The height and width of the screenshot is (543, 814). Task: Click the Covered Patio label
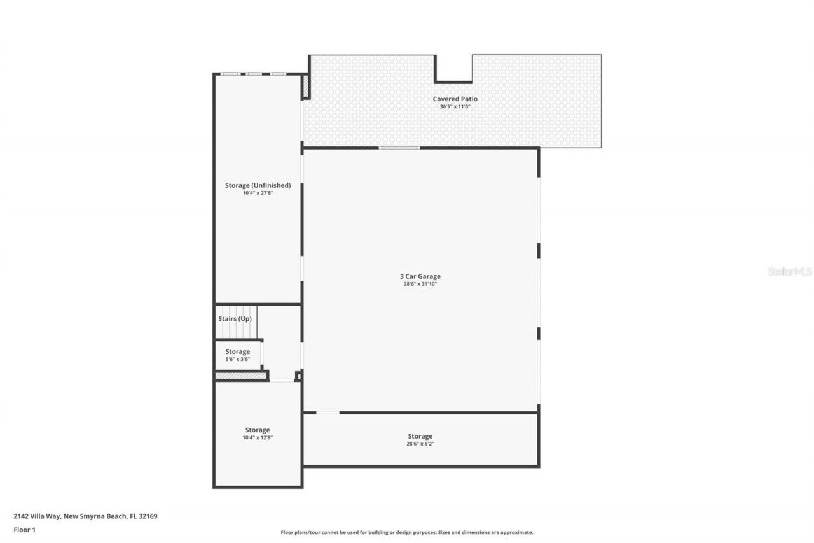tap(455, 99)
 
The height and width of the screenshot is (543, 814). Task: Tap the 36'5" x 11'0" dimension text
tap(455, 107)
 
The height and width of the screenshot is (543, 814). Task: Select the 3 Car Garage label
tap(420, 276)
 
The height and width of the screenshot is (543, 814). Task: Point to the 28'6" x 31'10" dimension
tap(420, 284)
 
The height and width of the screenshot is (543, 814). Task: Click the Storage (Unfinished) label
tap(258, 185)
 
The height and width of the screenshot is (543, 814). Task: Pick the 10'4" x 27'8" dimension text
tap(258, 193)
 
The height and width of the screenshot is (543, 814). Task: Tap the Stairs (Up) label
tap(235, 318)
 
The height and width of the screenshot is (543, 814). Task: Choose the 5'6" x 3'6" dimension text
tap(237, 360)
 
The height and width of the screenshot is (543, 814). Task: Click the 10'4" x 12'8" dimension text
tap(258, 438)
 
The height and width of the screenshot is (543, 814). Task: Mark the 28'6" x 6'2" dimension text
tap(420, 444)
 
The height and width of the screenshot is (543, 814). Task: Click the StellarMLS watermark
tap(790, 271)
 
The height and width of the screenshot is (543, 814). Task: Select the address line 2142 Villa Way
tap(85, 516)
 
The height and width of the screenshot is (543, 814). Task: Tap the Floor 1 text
tap(24, 529)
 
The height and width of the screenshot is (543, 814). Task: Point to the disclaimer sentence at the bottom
tap(407, 532)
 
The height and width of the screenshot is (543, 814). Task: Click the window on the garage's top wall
tap(399, 148)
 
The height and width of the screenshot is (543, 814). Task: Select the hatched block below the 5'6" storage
tap(240, 376)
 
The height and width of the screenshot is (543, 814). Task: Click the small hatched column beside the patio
tap(305, 86)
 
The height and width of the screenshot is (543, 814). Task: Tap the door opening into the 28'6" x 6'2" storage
tap(328, 413)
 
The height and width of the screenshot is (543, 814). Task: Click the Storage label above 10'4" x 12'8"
tap(258, 430)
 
